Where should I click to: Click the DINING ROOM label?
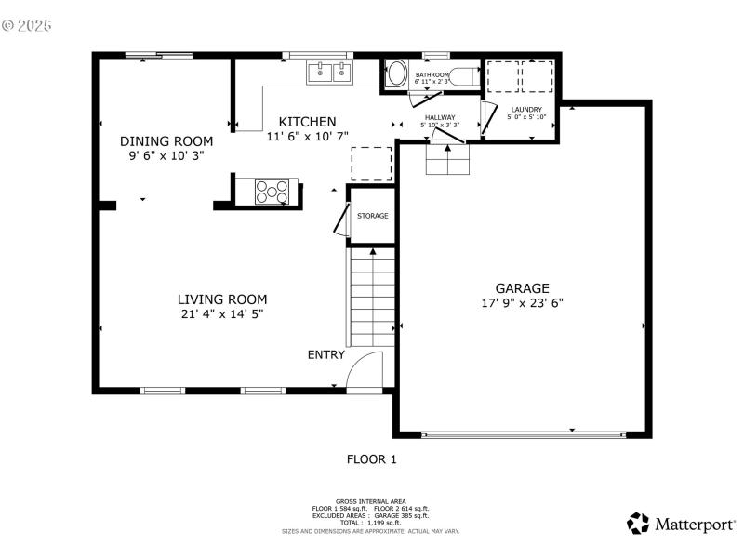[x=166, y=141]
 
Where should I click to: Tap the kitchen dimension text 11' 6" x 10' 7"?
[x=307, y=136]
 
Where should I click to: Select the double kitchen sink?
[x=330, y=73]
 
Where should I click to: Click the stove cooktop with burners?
[x=272, y=192]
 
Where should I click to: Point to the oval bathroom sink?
[x=395, y=73]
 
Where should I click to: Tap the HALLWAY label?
[x=440, y=117]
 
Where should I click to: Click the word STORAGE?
[x=373, y=216]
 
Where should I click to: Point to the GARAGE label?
[x=522, y=288]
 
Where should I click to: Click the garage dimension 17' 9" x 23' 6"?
[x=522, y=302]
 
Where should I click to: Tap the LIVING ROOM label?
[x=222, y=299]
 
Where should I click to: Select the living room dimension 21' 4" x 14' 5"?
[x=222, y=314]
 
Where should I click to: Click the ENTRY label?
[x=326, y=354]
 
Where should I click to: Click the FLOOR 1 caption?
[x=372, y=458]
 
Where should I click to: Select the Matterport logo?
[x=681, y=524]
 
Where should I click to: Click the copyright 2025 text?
[x=27, y=25]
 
